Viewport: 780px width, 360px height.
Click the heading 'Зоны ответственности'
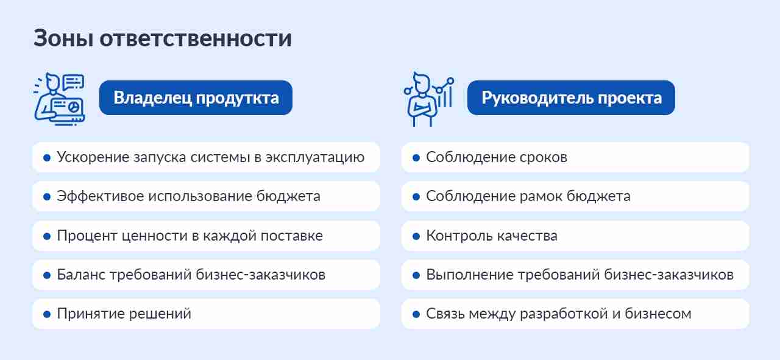162,38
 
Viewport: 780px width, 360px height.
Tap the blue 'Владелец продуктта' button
196,97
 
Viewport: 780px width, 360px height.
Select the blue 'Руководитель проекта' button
571,97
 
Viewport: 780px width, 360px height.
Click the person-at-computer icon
58,99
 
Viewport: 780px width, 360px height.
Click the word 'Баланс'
81,275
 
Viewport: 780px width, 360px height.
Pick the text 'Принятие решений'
124,314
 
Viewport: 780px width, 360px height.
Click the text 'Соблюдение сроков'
497,157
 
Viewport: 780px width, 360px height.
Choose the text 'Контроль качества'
492,236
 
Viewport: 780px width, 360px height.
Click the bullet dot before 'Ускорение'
47,158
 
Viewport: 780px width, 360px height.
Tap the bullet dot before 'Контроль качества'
416,236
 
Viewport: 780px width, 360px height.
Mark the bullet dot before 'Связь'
416,314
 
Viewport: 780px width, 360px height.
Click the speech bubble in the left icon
73,82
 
